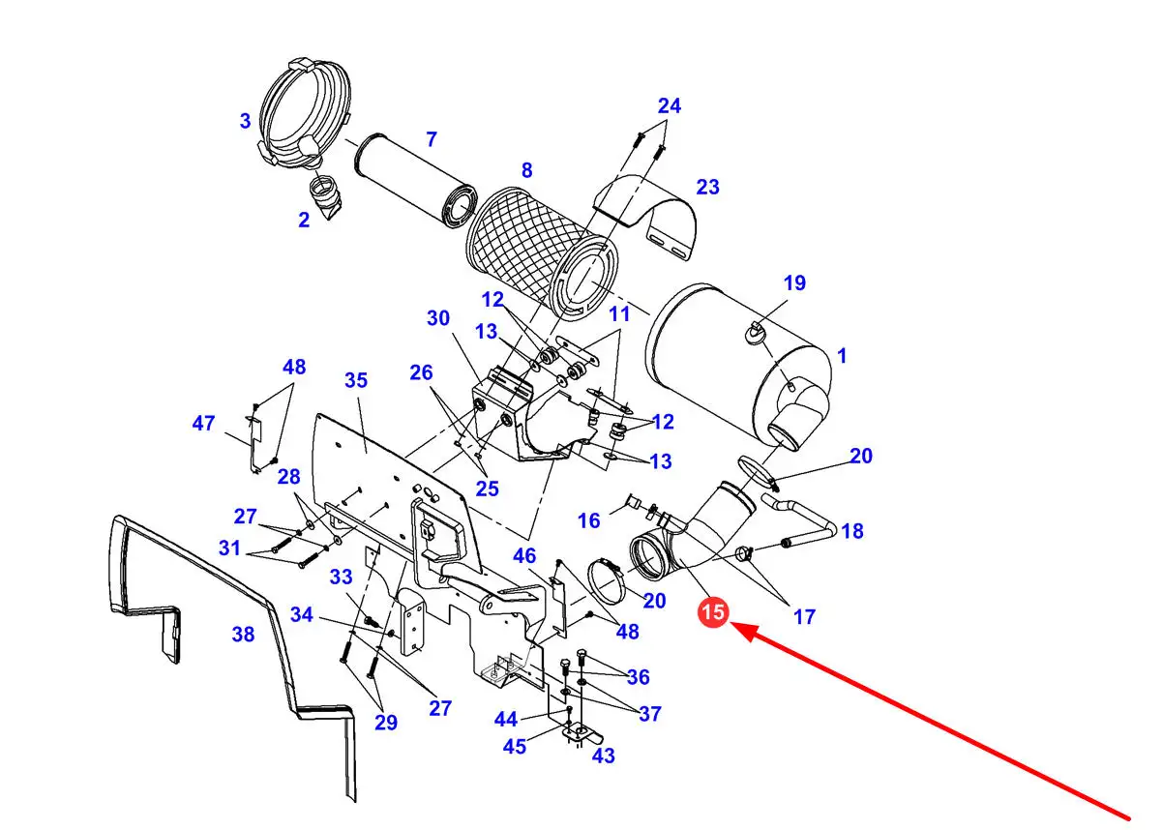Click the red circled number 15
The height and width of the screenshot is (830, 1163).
(713, 611)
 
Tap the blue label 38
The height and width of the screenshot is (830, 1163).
(243, 634)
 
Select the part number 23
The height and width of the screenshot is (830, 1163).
(707, 187)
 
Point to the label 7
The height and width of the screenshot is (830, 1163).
(432, 139)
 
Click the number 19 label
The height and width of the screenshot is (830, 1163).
(794, 282)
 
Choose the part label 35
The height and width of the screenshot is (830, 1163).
(356, 380)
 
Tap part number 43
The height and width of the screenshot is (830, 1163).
(604, 756)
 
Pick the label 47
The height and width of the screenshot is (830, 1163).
(203, 423)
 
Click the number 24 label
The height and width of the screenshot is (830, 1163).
(670, 105)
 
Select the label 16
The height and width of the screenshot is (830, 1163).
(589, 520)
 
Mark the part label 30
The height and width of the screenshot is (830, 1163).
(437, 318)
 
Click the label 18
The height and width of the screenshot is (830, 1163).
(852, 531)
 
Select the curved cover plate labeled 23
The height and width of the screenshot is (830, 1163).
(645, 217)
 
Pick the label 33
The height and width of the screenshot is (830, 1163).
(341, 577)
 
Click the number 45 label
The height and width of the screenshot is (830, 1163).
(514, 747)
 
